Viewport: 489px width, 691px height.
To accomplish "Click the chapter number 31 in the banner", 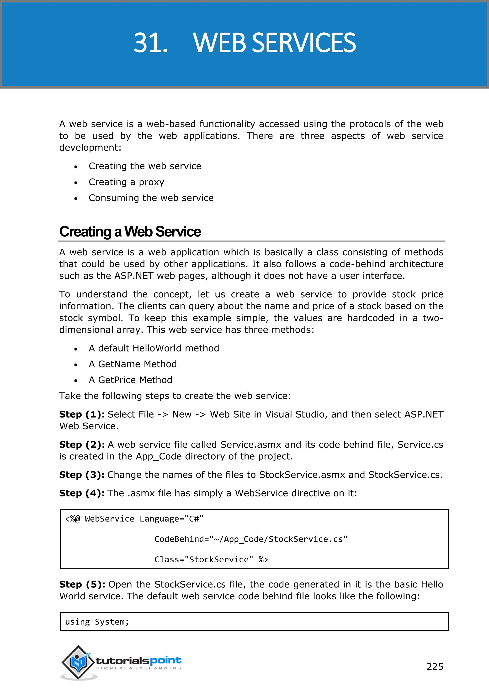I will pos(150,43).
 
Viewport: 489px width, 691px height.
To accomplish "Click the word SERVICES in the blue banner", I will pos(303,43).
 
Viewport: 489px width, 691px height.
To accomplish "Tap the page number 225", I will pos(435,666).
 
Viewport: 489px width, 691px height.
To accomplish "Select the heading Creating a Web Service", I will pos(130,232).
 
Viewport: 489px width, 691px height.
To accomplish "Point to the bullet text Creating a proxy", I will pos(127,182).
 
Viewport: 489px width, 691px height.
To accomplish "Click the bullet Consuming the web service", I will pos(151,198).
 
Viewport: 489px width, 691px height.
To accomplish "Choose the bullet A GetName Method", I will pos(133,364).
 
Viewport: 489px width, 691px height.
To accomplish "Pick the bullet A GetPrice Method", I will pos(130,380).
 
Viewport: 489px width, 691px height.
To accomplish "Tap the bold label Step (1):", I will pos(82,414).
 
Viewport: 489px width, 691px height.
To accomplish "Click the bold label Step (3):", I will pos(82,475).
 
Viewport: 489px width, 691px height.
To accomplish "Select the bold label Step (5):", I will pos(82,584).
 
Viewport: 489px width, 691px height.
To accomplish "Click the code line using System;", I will pos(97,622).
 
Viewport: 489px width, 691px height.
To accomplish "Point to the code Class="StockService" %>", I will pos(211,560).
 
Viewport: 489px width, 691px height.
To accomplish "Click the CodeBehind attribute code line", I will pos(251,539).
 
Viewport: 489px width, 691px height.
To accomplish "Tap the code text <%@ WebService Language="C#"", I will pos(134,519).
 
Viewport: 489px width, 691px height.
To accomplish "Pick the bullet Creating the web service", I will pos(145,166).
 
